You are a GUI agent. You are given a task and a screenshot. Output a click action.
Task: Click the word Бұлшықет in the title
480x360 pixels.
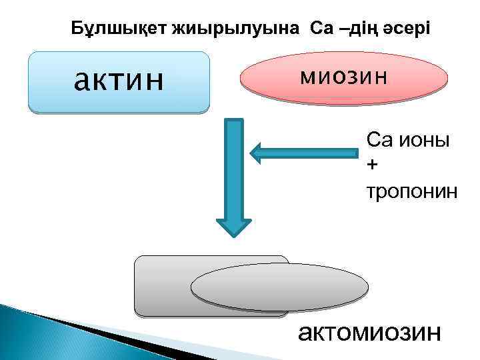119,29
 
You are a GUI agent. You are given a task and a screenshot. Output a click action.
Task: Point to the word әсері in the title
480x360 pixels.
407,29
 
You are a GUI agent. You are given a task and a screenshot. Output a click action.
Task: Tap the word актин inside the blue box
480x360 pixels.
119,81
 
